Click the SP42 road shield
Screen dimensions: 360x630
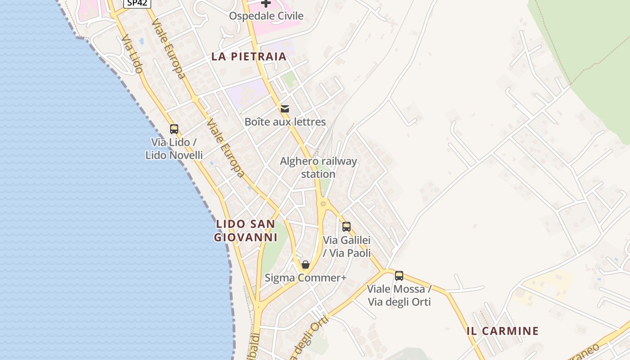137,3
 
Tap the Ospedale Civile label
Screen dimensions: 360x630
266,16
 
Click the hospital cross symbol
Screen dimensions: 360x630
266,4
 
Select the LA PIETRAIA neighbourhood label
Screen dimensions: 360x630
249,56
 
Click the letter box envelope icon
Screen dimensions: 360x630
285,108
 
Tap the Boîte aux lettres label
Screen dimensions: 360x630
285,121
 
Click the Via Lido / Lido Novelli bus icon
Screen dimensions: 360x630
174,129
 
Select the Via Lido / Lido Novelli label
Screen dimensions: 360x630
174,149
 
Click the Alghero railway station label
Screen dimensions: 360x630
318,167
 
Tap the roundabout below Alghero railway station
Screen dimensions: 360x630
323,204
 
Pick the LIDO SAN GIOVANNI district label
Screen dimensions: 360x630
245,230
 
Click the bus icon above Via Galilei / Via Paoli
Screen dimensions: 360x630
346,226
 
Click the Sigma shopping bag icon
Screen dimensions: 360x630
306,265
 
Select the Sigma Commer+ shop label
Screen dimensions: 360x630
306,278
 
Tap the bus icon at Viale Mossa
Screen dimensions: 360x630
399,276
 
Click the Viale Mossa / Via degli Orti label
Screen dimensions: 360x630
399,295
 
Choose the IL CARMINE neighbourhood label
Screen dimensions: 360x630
502,331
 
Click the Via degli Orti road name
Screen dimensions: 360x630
310,338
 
